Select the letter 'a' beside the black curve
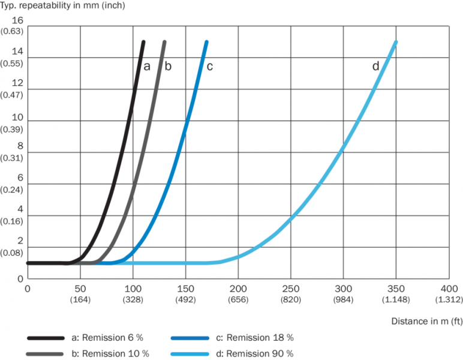tap(146, 66)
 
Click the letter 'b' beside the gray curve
tap(168, 66)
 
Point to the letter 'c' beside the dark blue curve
tap(209, 66)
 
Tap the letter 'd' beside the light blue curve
tap(376, 66)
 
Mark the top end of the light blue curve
tap(396, 42)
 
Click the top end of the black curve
tap(143, 42)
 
